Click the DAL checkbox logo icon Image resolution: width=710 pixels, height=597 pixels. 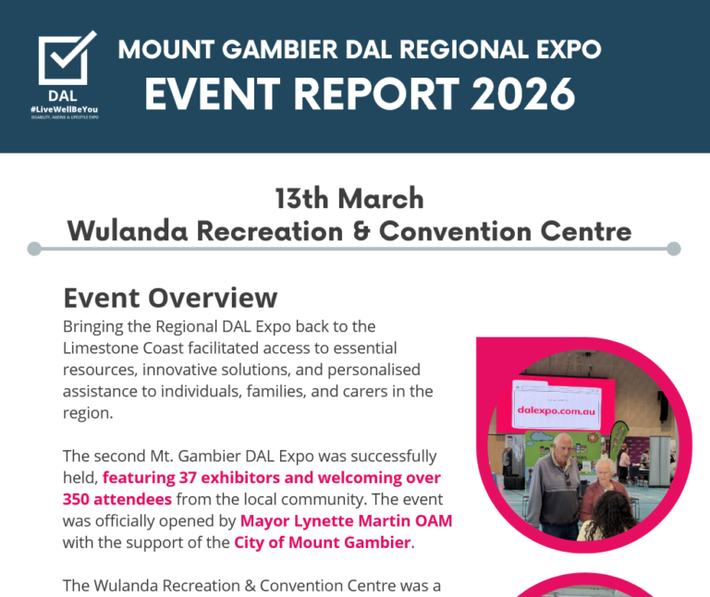(x=67, y=60)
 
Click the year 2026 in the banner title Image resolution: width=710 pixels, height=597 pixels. (x=519, y=93)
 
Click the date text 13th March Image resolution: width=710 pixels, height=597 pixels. (x=349, y=198)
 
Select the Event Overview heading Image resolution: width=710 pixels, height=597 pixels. (x=170, y=298)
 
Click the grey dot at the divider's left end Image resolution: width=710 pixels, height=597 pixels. (x=34, y=249)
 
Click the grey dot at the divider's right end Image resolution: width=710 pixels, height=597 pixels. (x=673, y=249)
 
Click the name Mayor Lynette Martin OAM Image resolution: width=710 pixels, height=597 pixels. (x=346, y=520)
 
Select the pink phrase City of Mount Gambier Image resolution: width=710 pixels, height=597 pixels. (x=322, y=542)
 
